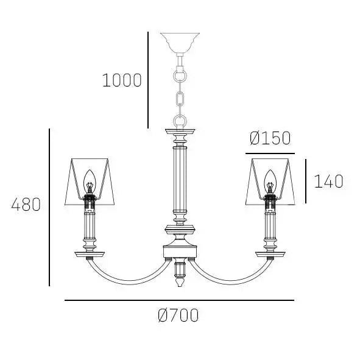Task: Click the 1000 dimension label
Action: (122, 80)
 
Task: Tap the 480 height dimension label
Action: (26, 205)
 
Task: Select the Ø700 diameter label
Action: (178, 316)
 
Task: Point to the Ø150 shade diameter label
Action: (270, 138)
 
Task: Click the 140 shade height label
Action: (328, 182)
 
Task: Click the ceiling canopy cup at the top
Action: (180, 43)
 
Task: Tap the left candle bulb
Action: (89, 182)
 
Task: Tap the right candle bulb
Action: (270, 182)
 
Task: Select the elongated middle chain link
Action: (180, 98)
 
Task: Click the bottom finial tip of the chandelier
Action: (180, 286)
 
